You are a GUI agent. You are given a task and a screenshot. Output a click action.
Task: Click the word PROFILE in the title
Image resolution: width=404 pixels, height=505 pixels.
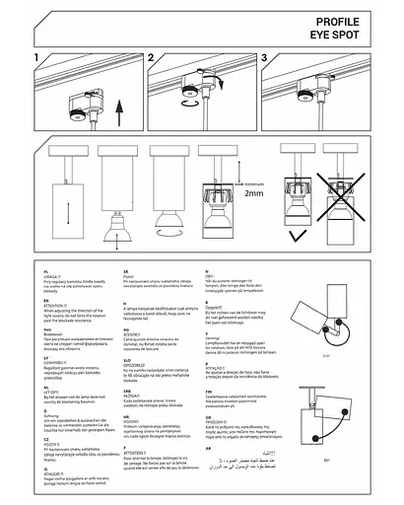[x=348, y=20]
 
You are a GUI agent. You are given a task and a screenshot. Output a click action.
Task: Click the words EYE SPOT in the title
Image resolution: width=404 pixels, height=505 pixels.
[x=346, y=32]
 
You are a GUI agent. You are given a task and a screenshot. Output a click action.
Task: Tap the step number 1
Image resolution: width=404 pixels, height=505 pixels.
[x=36, y=60]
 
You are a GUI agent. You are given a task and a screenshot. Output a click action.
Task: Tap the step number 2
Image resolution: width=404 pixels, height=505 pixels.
[x=152, y=60]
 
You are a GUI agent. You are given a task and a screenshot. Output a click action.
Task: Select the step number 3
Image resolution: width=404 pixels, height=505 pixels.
[x=265, y=60]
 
